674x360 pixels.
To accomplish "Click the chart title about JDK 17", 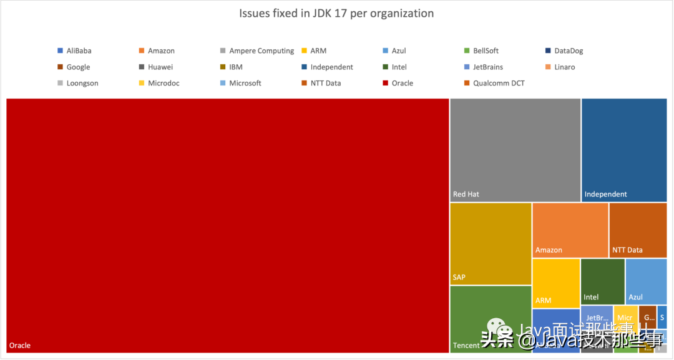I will click(336, 13).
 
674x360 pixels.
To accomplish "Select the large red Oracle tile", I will click(228, 225).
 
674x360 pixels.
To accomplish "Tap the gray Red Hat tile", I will click(515, 150).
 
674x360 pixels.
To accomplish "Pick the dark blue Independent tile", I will click(623, 150).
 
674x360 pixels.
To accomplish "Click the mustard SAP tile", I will click(491, 243).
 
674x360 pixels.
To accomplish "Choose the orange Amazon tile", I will click(570, 230).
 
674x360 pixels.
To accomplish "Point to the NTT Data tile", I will click(638, 230).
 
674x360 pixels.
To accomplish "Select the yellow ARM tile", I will click(555, 283).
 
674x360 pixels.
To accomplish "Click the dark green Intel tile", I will click(602, 281).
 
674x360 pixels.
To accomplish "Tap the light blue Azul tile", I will click(646, 281).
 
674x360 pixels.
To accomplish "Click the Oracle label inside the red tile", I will click(20, 345).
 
